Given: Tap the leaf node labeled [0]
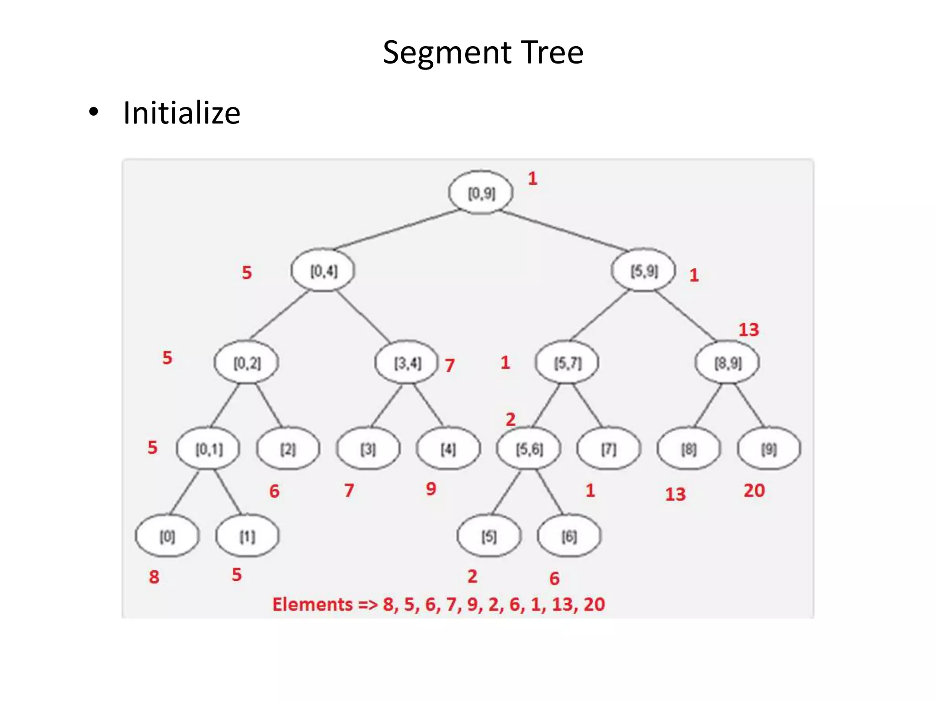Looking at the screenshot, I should tap(167, 536).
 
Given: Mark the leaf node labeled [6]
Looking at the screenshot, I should tap(569, 536).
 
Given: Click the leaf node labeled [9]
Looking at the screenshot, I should tap(769, 449).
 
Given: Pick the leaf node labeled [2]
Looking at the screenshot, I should tap(288, 449).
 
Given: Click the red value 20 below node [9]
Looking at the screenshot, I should tap(754, 490).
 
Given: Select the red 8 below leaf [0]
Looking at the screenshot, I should tap(154, 577).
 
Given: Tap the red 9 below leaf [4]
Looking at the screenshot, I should tap(431, 489).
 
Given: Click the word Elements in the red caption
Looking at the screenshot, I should tap(313, 604).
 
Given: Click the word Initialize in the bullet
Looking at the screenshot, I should tap(181, 113).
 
